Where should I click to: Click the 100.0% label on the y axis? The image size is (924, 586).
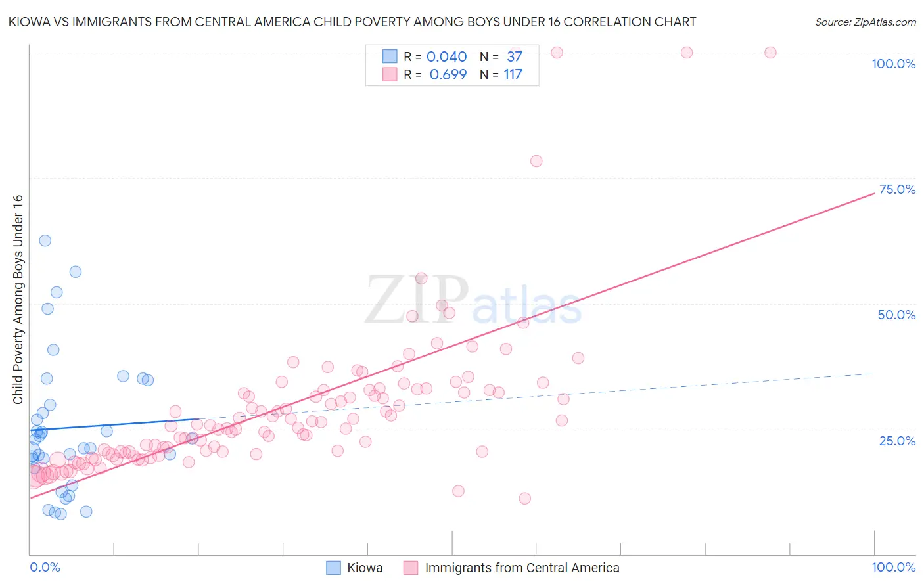[x=893, y=64]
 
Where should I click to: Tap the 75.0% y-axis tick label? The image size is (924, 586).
[x=897, y=189]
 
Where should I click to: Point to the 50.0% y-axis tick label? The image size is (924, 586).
[x=896, y=315]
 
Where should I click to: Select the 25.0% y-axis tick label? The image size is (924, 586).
[x=897, y=440]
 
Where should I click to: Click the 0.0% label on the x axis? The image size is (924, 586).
[x=45, y=567]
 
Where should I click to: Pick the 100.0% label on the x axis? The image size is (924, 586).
[x=893, y=567]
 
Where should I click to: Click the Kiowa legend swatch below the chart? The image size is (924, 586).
[x=334, y=568]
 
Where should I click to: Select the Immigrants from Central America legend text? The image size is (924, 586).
[x=522, y=568]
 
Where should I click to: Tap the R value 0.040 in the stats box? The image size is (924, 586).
[x=446, y=56]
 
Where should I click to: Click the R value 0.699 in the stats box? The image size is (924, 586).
[x=448, y=74]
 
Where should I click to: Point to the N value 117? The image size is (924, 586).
[x=513, y=74]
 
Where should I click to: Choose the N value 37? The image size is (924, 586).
[x=514, y=56]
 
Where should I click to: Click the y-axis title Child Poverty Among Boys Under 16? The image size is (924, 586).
[x=18, y=300]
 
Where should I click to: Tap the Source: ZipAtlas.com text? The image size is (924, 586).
[x=865, y=22]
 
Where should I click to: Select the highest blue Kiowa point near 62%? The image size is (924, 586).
[x=45, y=240]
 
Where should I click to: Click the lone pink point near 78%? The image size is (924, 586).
[x=536, y=161]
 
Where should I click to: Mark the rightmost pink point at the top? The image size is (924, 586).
[x=770, y=53]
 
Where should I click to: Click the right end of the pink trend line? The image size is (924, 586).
[x=873, y=194]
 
